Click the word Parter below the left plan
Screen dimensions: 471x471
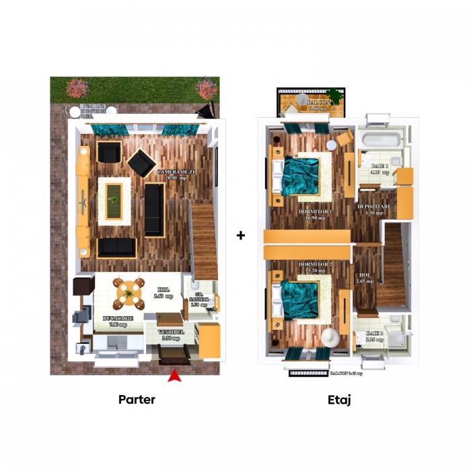137,400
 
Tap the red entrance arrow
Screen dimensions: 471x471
175,375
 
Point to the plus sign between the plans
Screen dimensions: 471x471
241,235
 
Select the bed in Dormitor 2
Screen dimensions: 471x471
300,300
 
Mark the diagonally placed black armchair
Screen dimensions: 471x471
141,162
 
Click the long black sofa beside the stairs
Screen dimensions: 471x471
154,209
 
